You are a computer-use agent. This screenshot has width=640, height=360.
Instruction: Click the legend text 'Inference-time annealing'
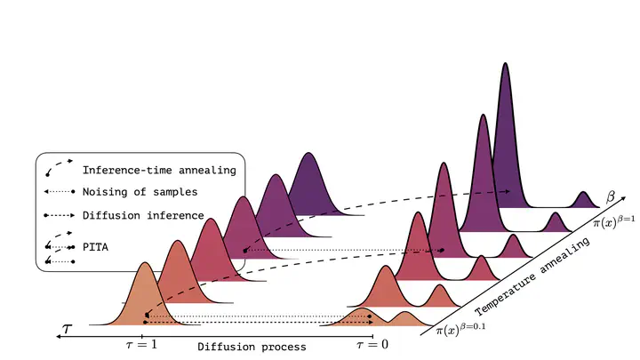tap(159, 170)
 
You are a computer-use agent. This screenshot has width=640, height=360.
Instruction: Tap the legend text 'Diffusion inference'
tap(143, 215)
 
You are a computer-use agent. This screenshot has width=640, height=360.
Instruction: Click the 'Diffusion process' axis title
tap(252, 347)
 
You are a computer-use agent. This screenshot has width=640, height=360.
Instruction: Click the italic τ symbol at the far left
tap(68, 329)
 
